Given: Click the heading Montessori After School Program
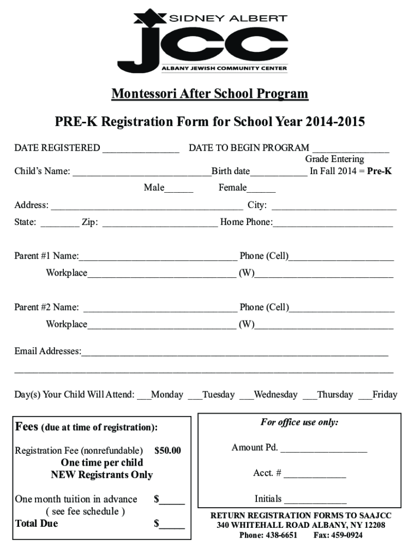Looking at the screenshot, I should pyautogui.click(x=209, y=94).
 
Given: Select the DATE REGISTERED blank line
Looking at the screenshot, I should pyautogui.click(x=141, y=148).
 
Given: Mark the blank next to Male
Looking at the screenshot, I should pyautogui.click(x=179, y=189).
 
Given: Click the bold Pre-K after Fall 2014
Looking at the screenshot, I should pyautogui.click(x=379, y=171).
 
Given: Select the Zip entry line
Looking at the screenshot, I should pyautogui.click(x=160, y=223).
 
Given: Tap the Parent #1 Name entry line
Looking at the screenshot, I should pyautogui.click(x=158, y=257).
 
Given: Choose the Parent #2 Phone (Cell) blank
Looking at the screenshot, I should pyautogui.click(x=341, y=308).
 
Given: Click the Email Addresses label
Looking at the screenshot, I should pyautogui.click(x=47, y=351).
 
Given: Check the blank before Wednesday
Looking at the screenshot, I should pyautogui.click(x=246, y=395).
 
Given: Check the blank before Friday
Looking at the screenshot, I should pyautogui.click(x=365, y=395).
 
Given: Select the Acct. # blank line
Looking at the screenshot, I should pyautogui.click(x=315, y=474).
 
